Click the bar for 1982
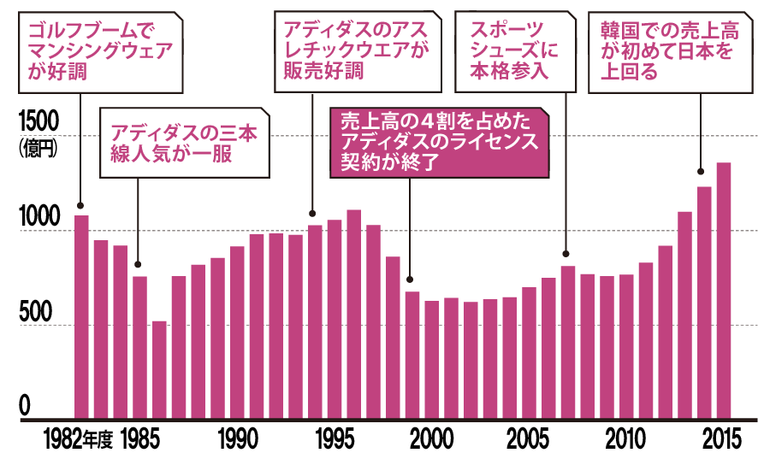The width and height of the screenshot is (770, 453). tap(81, 316)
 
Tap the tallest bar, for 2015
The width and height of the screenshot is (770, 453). tap(724, 291)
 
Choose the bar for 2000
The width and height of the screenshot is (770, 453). tap(432, 360)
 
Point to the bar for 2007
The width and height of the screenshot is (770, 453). tap(568, 343)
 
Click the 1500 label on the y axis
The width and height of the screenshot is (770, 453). tap(37, 121)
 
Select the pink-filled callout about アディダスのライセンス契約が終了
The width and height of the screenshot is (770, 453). tap(439, 141)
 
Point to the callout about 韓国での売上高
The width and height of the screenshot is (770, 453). tap(666, 51)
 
